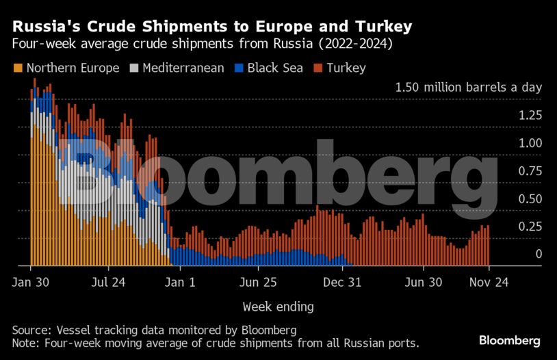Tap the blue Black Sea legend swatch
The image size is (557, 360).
[x=239, y=68]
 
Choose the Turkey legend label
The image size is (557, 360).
[x=346, y=68]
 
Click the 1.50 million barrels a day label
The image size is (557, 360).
[x=468, y=88]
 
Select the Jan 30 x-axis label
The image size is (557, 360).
[x=31, y=282]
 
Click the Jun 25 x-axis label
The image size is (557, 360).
[x=258, y=282]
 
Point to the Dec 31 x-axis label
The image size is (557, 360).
[x=342, y=282]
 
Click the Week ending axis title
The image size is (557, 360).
[x=278, y=306]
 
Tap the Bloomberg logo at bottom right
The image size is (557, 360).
[x=510, y=340]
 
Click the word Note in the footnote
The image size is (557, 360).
[x=25, y=342]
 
